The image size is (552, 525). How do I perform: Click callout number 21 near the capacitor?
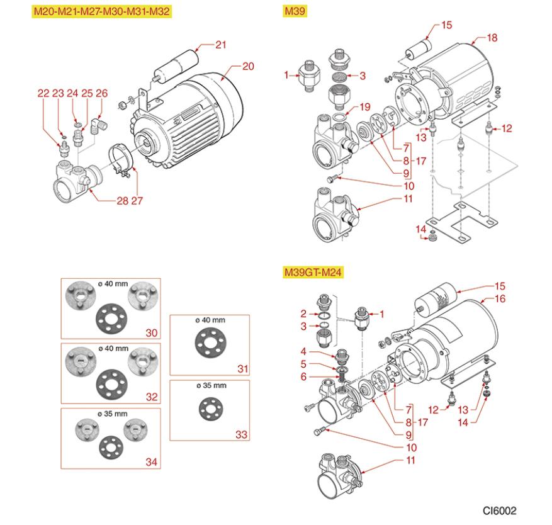[220, 44]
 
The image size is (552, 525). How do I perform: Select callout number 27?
[137, 201]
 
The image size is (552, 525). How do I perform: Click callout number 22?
[43, 93]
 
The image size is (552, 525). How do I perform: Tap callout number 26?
[101, 93]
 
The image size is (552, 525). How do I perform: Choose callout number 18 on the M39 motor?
[492, 38]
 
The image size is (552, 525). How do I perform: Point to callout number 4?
[303, 351]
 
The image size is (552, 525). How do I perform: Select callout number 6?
[303, 376]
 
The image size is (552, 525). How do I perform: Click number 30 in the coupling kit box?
[150, 332]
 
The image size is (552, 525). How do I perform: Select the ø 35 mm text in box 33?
[209, 385]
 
